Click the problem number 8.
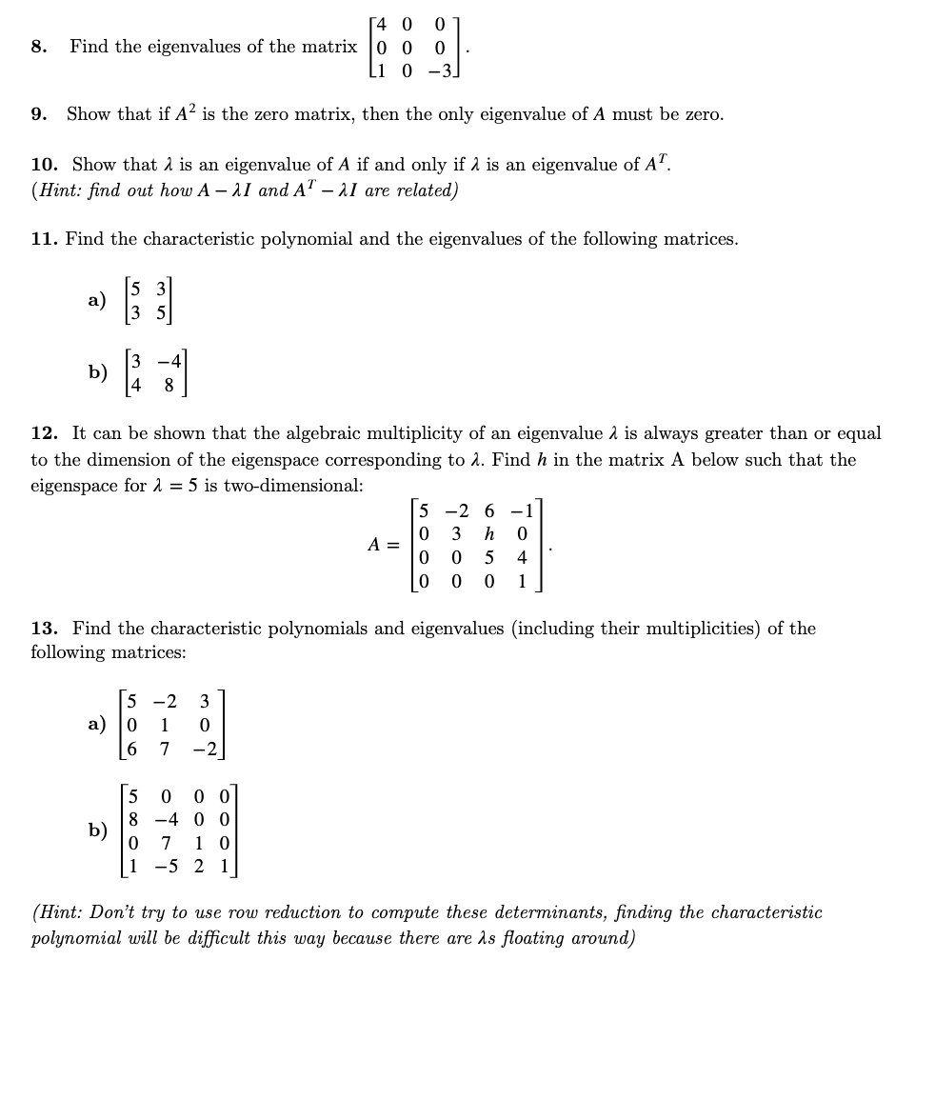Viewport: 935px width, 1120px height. (38, 47)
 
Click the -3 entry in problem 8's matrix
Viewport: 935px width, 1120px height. (439, 70)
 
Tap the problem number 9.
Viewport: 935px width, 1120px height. (38, 114)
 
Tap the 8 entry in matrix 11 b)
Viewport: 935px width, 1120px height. (169, 386)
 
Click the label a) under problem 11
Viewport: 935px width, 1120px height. (97, 300)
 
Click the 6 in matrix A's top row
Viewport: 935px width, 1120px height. (489, 511)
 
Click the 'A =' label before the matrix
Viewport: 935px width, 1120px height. (384, 546)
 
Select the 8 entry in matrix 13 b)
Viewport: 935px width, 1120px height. (133, 819)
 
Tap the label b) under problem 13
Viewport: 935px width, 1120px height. (97, 830)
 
